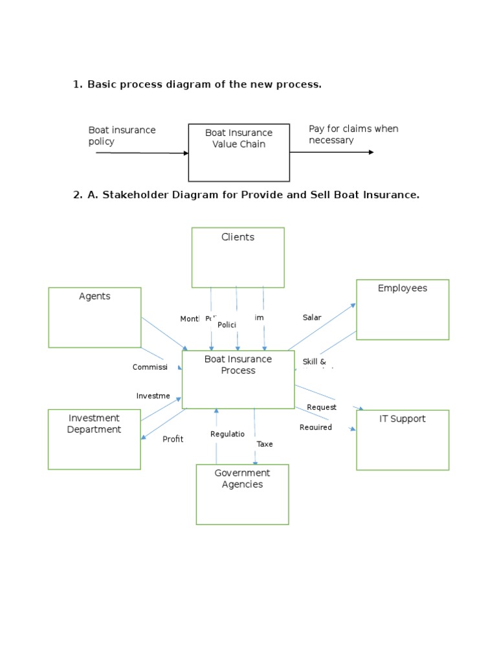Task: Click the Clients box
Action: (x=237, y=257)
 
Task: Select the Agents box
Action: (x=94, y=317)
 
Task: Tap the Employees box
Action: (x=402, y=309)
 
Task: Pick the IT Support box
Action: (x=402, y=440)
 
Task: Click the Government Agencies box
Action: (x=242, y=494)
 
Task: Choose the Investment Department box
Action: (x=94, y=439)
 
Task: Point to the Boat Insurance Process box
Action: (x=238, y=379)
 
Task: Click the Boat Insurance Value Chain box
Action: (x=239, y=152)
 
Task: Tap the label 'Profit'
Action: (x=173, y=439)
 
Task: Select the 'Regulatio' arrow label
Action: (x=227, y=434)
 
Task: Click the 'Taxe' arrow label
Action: (x=265, y=444)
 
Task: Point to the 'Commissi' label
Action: (x=149, y=367)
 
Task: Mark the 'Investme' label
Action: (x=153, y=396)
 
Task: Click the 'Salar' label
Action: (x=311, y=317)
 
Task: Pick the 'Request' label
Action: (x=321, y=407)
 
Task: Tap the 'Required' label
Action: (x=315, y=427)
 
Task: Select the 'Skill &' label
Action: (x=314, y=361)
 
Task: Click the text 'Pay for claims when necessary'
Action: (x=353, y=134)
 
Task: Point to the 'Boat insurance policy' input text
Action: (x=122, y=135)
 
